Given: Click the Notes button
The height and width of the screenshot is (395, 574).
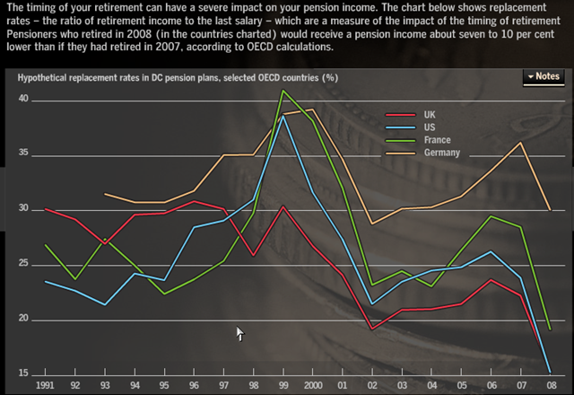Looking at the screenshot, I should [x=544, y=77].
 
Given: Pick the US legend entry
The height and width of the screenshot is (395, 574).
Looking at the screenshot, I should [x=430, y=127].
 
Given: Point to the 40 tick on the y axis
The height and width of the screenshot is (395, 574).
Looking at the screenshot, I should [x=24, y=100].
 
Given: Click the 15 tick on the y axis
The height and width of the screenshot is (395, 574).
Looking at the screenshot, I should [x=24, y=373].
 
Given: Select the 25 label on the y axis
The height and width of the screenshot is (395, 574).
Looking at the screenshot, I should [x=24, y=263].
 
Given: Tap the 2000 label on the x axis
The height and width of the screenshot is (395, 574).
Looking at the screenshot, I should [x=313, y=385].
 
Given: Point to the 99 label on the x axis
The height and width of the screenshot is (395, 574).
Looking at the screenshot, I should [x=283, y=385].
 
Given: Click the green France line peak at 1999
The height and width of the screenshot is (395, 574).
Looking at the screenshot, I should [x=283, y=91].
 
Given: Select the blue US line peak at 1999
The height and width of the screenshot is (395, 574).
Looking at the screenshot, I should [x=283, y=116].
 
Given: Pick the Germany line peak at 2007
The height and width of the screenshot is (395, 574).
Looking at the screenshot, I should [x=520, y=143].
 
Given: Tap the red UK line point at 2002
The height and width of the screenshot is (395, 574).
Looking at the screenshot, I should [x=372, y=329].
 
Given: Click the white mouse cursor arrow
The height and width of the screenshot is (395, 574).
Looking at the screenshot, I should [x=239, y=333].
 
